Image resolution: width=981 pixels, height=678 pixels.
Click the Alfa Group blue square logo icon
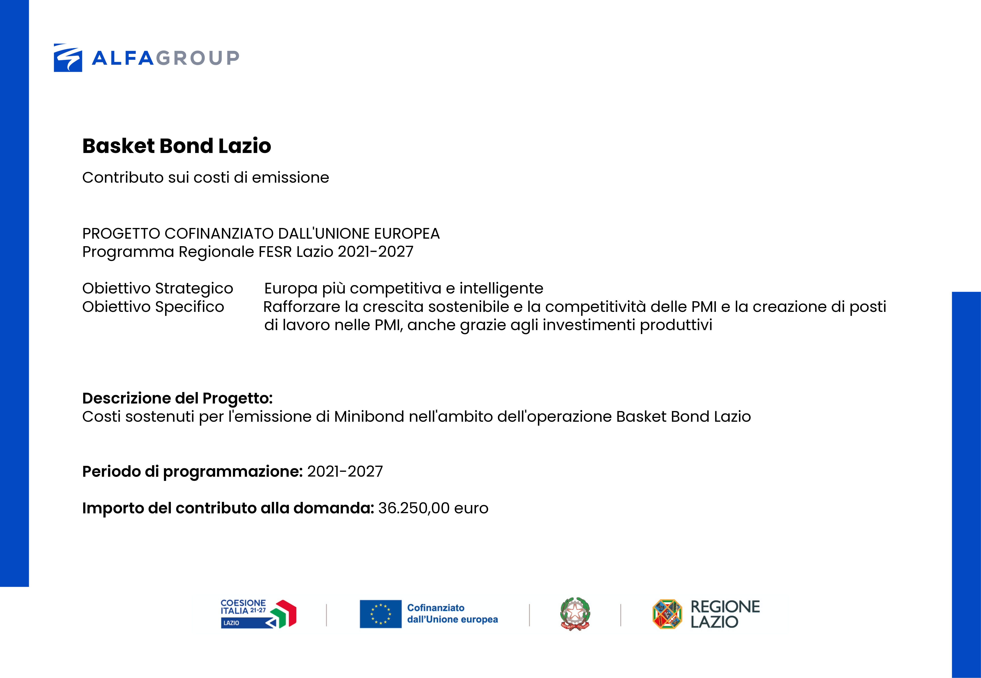(x=68, y=58)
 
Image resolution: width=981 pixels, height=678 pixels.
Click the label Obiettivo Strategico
(x=157, y=289)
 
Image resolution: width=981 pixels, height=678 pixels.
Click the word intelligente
(x=501, y=289)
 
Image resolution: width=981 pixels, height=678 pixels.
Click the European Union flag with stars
(x=380, y=614)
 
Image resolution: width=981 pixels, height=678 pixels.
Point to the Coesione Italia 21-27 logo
(x=258, y=614)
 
